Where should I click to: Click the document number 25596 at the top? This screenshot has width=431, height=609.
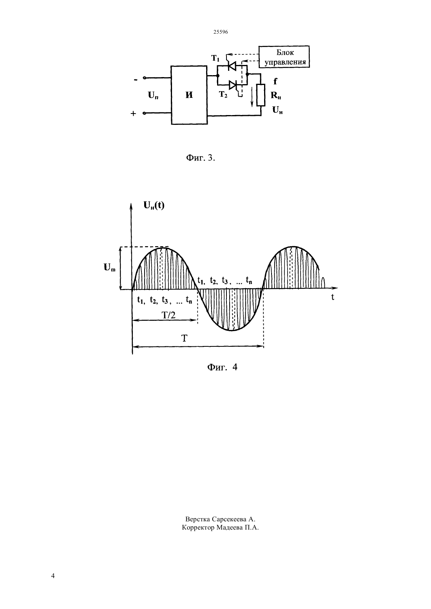pyautogui.click(x=220, y=32)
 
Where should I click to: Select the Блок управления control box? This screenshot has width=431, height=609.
pyautogui.click(x=284, y=56)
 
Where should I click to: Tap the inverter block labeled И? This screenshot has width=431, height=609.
pyautogui.click(x=189, y=95)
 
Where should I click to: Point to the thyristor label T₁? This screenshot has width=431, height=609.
pyautogui.click(x=215, y=58)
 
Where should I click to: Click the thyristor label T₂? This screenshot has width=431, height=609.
pyautogui.click(x=223, y=95)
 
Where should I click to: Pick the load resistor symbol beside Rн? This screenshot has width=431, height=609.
pyautogui.click(x=261, y=95)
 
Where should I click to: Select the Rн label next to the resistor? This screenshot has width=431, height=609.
pyautogui.click(x=275, y=95)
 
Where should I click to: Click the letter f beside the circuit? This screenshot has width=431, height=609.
pyautogui.click(x=275, y=81)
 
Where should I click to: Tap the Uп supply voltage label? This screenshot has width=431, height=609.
pyautogui.click(x=153, y=95)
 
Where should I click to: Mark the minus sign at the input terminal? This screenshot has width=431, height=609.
pyautogui.click(x=136, y=80)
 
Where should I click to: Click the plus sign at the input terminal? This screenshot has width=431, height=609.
pyautogui.click(x=133, y=114)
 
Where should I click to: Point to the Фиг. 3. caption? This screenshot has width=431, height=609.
pyautogui.click(x=201, y=158)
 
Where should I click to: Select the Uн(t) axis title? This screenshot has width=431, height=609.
pyautogui.click(x=154, y=205)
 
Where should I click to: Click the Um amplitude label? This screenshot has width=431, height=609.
pyautogui.click(x=109, y=267)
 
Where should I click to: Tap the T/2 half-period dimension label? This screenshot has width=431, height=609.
pyautogui.click(x=168, y=315)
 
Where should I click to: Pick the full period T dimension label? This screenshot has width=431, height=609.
pyautogui.click(x=185, y=339)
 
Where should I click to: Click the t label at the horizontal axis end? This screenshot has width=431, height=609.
pyautogui.click(x=333, y=297)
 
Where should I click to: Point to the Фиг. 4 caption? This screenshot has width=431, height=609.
pyautogui.click(x=222, y=367)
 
